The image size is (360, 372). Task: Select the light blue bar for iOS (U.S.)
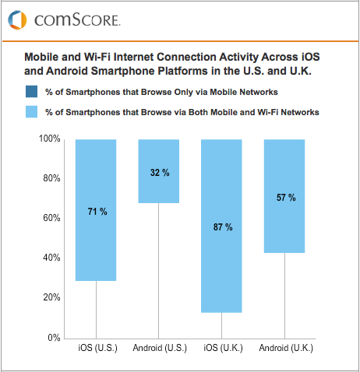point(96,209)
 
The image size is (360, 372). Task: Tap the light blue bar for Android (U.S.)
point(159,171)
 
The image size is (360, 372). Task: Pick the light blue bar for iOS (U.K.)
point(222,226)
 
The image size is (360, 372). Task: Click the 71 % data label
point(96,211)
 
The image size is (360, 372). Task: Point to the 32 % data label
point(159,172)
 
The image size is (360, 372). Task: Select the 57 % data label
point(286,198)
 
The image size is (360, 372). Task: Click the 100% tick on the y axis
point(50,139)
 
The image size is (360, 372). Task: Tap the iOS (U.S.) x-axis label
point(96,348)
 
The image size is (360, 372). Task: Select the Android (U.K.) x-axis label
point(286,348)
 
